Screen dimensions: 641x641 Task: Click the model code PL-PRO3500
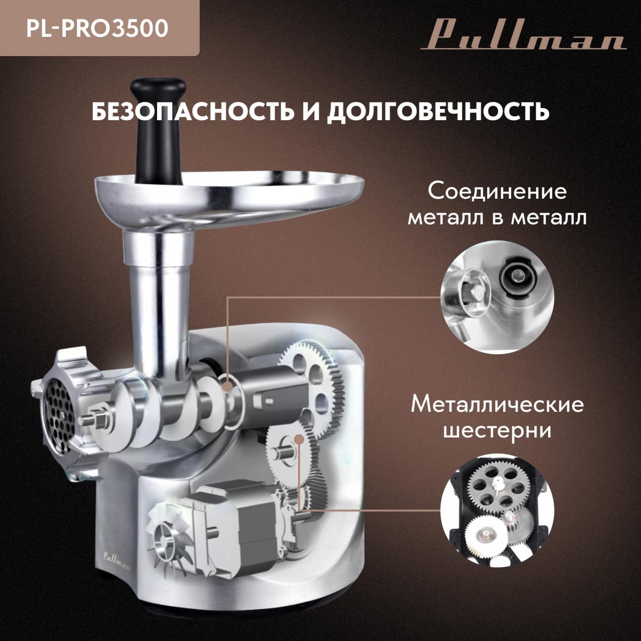97,29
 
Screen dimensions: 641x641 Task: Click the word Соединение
497,192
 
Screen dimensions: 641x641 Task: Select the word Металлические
497,405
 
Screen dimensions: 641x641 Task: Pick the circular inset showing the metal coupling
497,297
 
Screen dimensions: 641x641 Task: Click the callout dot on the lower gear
299,439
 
